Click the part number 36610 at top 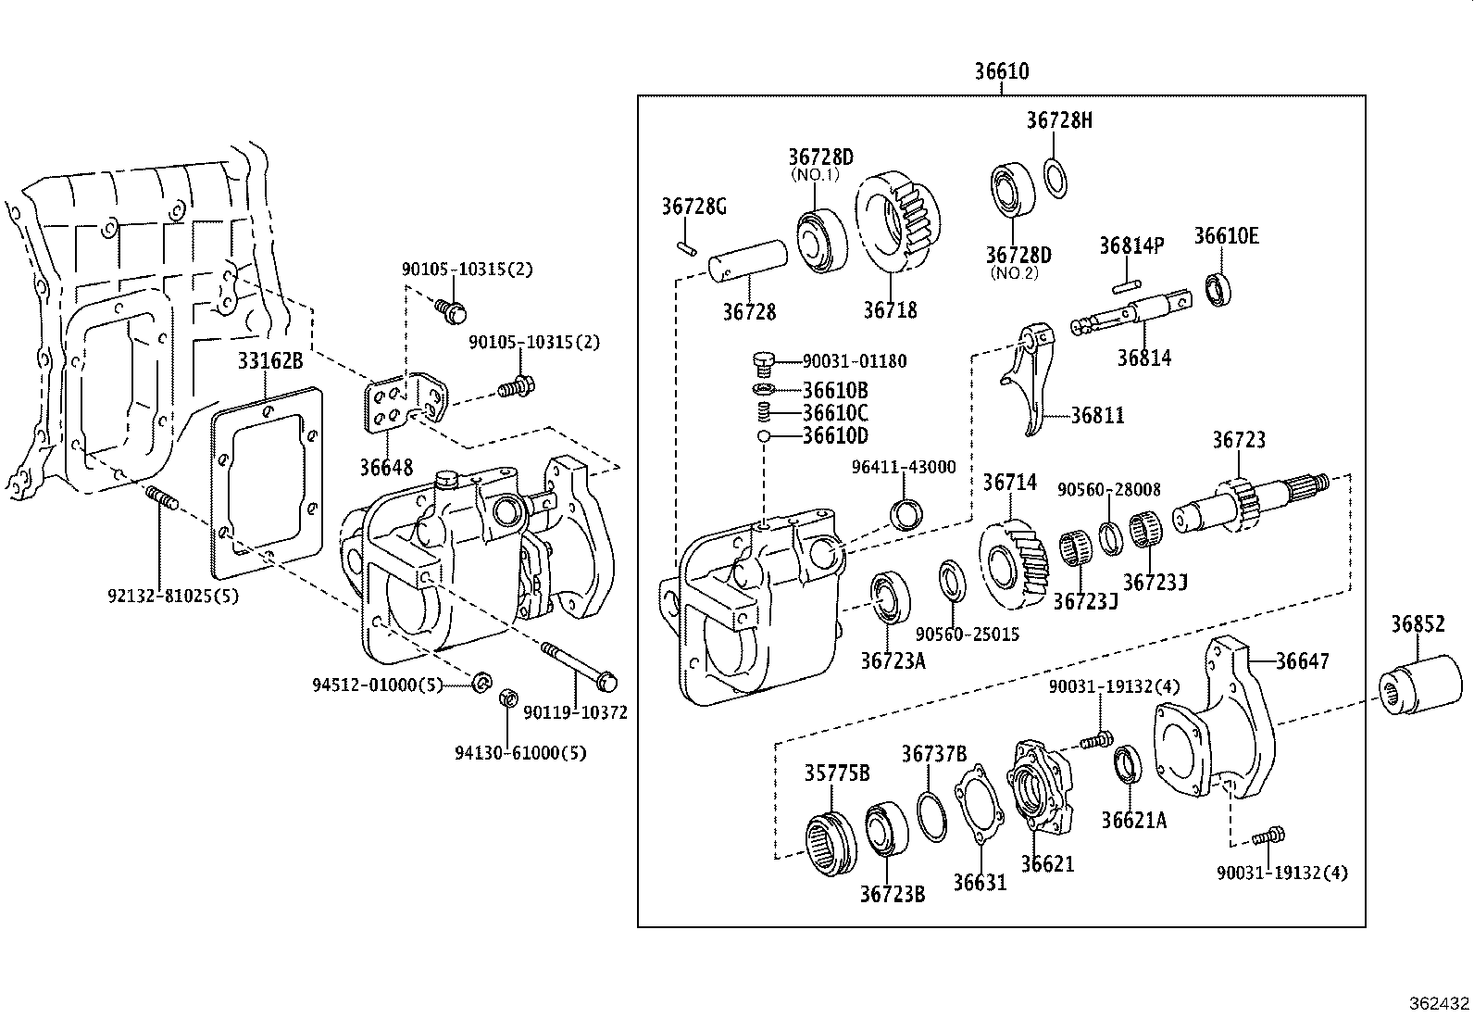click(1001, 71)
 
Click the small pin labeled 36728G click(685, 246)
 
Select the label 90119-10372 click(575, 712)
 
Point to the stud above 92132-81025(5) click(160, 501)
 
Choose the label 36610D click(835, 436)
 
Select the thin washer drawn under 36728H click(1055, 178)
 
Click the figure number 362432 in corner click(1439, 1003)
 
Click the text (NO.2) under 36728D click(1015, 273)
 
